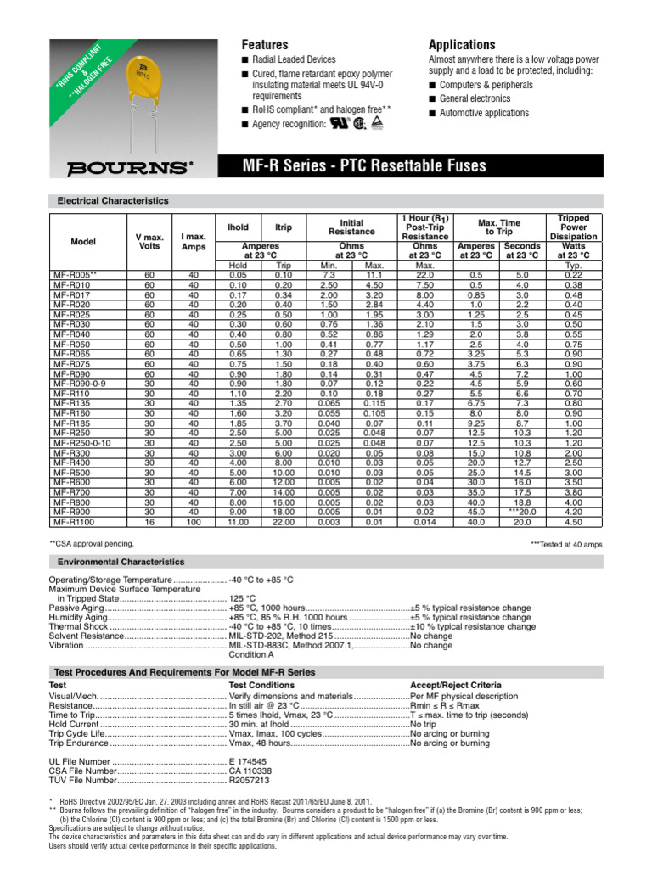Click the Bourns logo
point(119,165)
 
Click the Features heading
point(265,44)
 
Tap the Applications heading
point(462,44)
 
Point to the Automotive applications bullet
point(484,112)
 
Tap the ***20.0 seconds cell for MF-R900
point(522,513)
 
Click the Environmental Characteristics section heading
point(120,562)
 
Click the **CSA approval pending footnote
point(92,541)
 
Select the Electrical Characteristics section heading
point(112,201)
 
